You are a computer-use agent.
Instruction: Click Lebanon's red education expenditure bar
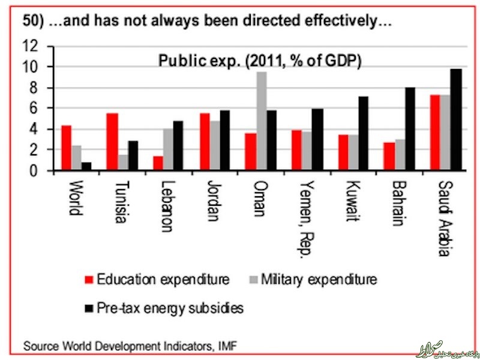click(158, 163)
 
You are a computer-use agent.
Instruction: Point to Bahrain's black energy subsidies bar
click(410, 129)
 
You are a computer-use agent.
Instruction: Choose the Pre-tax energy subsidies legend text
click(170, 308)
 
